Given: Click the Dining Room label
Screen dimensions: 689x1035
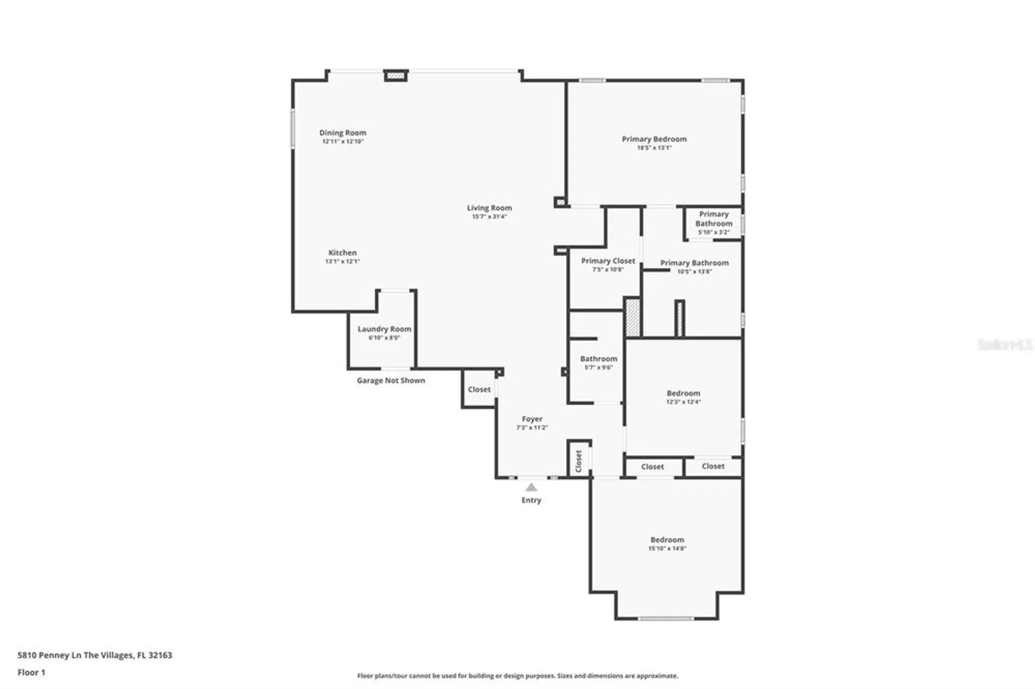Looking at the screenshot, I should click(x=343, y=133).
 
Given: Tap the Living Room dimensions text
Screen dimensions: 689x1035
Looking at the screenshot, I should click(x=489, y=217).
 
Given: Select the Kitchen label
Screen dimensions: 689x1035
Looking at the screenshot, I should click(x=343, y=253).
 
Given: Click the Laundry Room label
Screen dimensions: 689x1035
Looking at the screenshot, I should click(x=384, y=329).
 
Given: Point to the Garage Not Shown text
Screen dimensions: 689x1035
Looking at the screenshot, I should click(x=391, y=381).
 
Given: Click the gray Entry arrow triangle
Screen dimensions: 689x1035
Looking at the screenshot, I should click(x=531, y=487).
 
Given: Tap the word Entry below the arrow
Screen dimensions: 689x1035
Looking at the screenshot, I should click(x=531, y=500).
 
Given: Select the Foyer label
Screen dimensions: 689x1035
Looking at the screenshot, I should click(x=532, y=419).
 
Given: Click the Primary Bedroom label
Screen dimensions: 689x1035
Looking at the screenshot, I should click(x=654, y=139).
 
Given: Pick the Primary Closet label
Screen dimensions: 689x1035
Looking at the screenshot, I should click(x=608, y=261).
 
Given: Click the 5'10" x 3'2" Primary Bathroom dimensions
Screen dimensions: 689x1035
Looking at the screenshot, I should click(x=714, y=232).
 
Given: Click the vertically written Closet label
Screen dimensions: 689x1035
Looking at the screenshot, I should click(x=579, y=461).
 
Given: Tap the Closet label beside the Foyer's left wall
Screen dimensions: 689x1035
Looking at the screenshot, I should click(x=479, y=390).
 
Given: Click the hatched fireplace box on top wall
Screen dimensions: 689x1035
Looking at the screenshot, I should click(x=396, y=76).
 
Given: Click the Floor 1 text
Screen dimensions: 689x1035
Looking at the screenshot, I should click(x=32, y=672).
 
